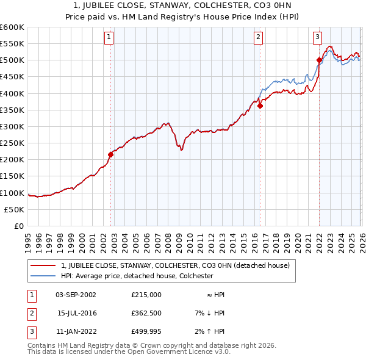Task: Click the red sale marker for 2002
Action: [x=110, y=154]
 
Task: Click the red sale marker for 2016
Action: [x=260, y=106]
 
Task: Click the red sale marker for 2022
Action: [x=319, y=60]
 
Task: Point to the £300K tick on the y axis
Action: [x=12, y=126]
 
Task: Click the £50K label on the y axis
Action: [x=15, y=209]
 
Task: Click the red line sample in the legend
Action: [x=43, y=265]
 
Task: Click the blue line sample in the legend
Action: [x=43, y=276]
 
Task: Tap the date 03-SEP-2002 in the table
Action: [x=76, y=294]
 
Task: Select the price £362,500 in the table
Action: [x=146, y=312]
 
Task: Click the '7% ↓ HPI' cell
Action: [x=208, y=312]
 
